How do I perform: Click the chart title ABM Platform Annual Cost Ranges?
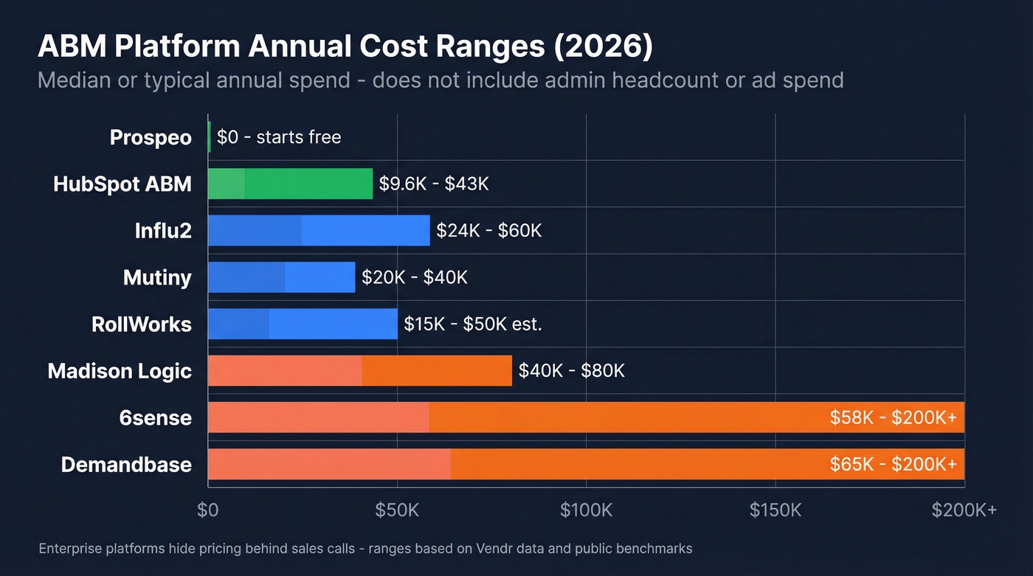point(345,46)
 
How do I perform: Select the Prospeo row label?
point(151,137)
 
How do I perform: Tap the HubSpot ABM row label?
point(122,184)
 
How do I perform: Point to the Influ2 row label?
point(163,231)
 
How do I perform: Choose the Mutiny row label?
point(157,277)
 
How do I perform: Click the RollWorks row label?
point(142,324)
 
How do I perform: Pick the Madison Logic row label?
point(120,371)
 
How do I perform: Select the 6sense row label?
point(155,417)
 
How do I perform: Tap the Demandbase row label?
point(126,465)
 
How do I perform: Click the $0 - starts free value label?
point(279,137)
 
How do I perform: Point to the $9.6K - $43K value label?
point(434,184)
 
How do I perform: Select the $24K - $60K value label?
point(489,231)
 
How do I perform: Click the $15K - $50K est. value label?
point(473,324)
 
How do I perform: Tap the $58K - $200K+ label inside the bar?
point(893,417)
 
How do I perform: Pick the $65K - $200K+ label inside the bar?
point(893,465)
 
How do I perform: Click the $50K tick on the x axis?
point(397,510)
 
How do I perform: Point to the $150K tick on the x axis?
point(775,510)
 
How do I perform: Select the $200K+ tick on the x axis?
point(964,510)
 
